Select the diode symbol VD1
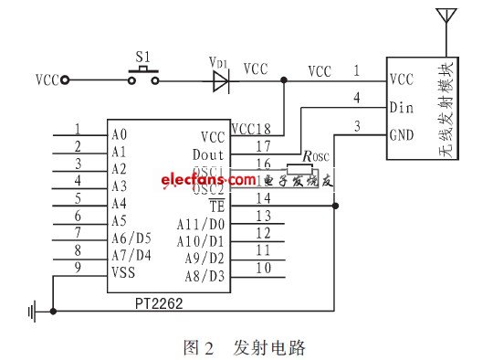[x=219, y=80]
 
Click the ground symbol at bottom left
[x=35, y=312]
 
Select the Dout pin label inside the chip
[x=207, y=154]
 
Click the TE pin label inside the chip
[x=215, y=206]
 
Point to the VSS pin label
[x=124, y=270]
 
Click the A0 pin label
[x=119, y=135]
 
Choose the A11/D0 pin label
[x=202, y=223]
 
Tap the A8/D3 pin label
[x=205, y=275]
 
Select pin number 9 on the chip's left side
[x=78, y=266]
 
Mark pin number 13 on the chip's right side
[x=264, y=215]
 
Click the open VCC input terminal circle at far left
[x=65, y=80]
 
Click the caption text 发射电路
[x=268, y=347]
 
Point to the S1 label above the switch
[x=142, y=58]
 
